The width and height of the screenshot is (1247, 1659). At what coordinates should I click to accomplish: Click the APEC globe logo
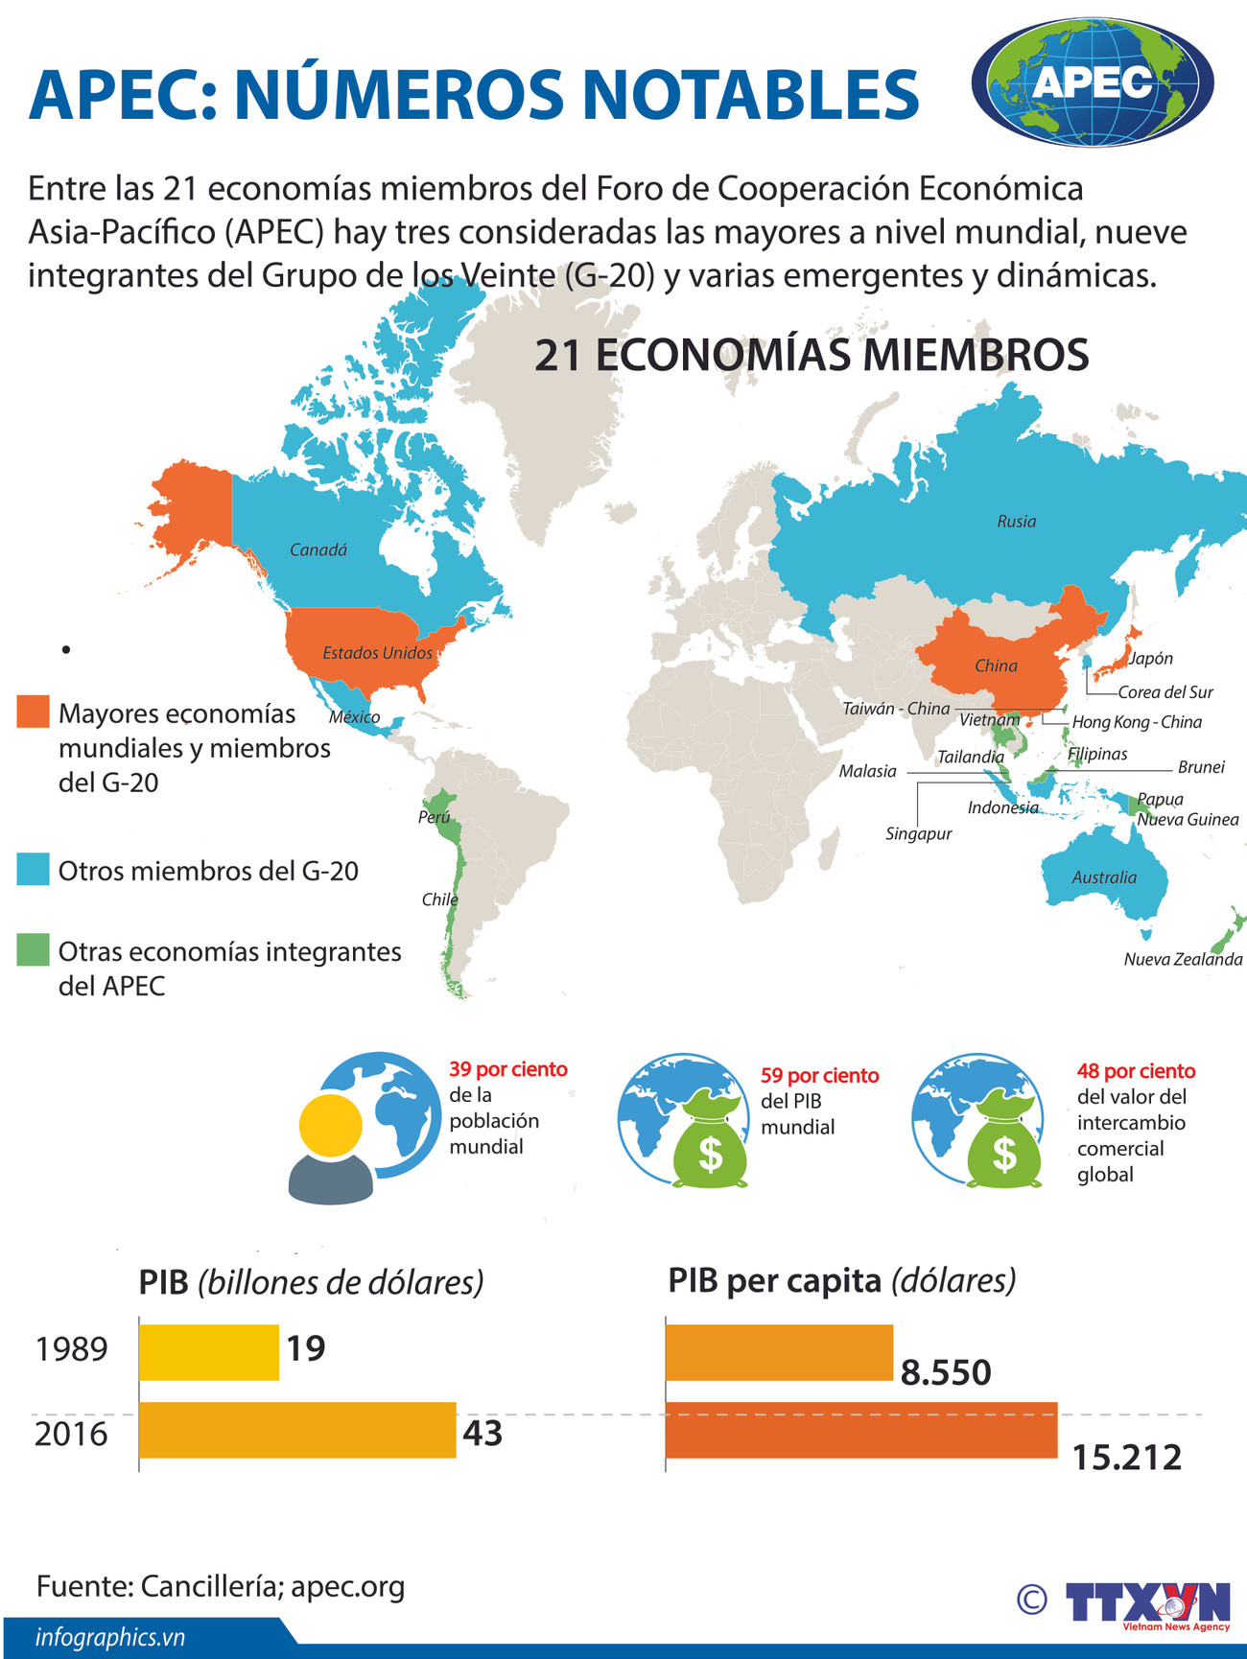(x=1093, y=82)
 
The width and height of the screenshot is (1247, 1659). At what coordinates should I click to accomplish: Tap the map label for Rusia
(x=1016, y=522)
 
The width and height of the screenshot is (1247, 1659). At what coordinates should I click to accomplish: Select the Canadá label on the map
(x=318, y=550)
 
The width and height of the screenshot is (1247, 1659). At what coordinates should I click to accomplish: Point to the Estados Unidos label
(x=377, y=653)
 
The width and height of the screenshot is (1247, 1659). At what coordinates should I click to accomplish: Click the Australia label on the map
(x=1104, y=877)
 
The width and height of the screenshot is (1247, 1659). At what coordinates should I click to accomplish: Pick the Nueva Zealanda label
(x=1183, y=959)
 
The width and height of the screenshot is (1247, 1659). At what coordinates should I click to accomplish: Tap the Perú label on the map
(x=434, y=817)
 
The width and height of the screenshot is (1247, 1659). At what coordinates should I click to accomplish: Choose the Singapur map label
(x=918, y=833)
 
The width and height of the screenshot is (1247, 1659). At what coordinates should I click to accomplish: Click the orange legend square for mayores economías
(x=33, y=712)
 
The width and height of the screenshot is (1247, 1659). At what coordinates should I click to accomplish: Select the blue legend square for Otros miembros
(x=33, y=870)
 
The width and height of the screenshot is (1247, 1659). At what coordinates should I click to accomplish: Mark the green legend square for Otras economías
(x=33, y=950)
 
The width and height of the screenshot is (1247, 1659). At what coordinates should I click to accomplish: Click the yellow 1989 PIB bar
(x=209, y=1352)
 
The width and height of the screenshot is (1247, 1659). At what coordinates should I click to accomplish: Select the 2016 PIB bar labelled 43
(x=297, y=1430)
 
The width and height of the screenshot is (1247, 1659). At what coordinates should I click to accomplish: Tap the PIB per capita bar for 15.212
(x=861, y=1430)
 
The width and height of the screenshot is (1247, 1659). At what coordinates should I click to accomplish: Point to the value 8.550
(x=945, y=1373)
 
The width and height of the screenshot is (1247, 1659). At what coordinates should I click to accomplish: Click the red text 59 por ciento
(x=819, y=1076)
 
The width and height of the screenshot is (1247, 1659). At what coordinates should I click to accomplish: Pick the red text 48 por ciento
(x=1136, y=1071)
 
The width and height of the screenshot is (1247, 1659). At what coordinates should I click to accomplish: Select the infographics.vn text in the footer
(x=109, y=1638)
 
